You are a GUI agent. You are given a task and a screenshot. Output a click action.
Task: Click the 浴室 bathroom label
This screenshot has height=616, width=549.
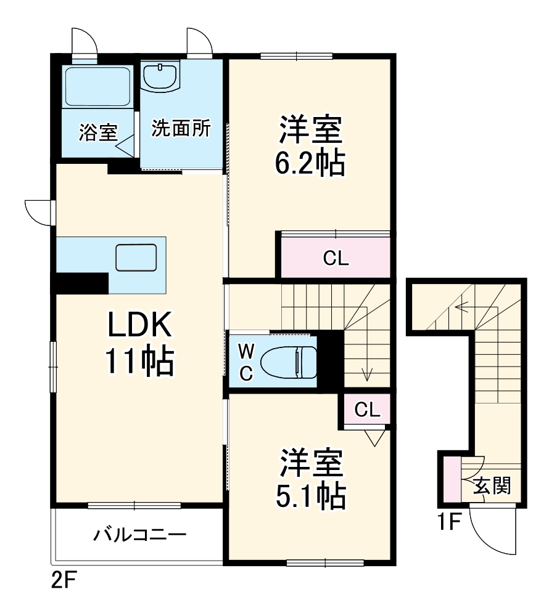click(x=98, y=132)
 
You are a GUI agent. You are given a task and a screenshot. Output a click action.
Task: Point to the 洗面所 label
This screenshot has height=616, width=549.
click(x=181, y=129)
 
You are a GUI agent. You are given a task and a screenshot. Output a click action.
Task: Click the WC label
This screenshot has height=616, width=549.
click(x=246, y=363)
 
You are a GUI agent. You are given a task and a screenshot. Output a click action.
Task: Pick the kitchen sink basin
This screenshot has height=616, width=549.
click(x=136, y=257)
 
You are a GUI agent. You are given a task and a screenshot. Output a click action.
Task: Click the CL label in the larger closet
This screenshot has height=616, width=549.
click(x=336, y=259)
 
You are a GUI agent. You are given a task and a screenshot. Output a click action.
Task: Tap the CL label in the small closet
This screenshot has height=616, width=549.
click(x=367, y=410)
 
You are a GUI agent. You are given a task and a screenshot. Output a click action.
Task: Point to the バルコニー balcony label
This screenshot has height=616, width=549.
click(x=140, y=534)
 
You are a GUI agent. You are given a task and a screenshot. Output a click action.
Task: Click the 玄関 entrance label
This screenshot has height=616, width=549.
click(x=492, y=487)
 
